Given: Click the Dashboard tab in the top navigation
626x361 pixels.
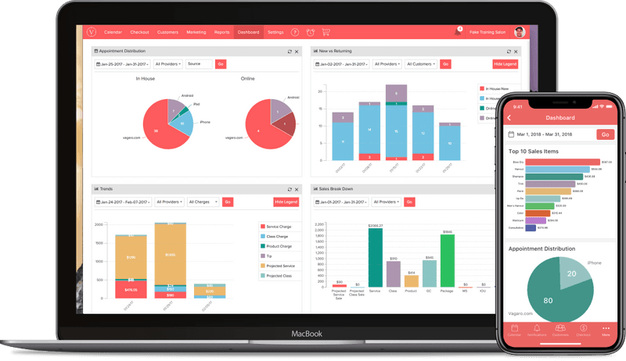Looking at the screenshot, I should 248,32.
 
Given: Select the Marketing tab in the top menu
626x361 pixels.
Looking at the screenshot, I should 196,32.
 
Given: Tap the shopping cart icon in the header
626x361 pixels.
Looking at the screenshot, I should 326,32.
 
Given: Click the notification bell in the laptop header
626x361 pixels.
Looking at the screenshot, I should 458,32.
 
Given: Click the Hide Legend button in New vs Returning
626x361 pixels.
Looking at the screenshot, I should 505,64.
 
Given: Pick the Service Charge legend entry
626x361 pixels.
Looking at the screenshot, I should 279,227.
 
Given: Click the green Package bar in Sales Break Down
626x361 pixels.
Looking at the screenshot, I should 448,260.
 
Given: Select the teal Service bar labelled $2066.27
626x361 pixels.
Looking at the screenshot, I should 376,258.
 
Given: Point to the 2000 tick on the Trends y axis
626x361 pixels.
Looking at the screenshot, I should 99,224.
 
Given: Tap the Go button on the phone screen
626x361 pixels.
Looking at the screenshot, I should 605,134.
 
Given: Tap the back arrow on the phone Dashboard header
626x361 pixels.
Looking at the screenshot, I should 510,118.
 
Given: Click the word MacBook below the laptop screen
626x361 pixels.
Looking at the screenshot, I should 308,334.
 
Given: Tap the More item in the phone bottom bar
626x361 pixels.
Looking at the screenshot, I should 606,331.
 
